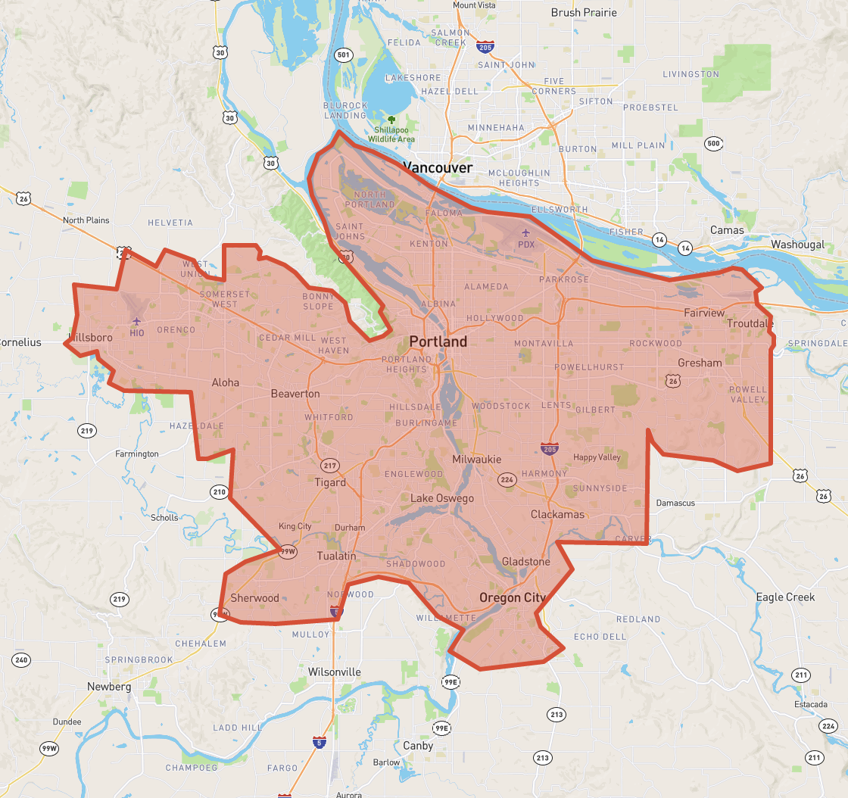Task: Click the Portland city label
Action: [x=438, y=341]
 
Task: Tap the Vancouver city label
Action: [x=438, y=167]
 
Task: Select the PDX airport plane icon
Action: [x=526, y=234]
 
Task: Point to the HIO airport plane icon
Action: [x=137, y=322]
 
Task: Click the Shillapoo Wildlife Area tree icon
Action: [x=391, y=120]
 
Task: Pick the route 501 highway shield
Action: [x=344, y=55]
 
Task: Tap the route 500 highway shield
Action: [x=712, y=143]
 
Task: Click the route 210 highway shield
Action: [x=220, y=493]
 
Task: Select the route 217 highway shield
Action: [x=329, y=465]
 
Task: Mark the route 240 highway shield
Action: [x=21, y=659]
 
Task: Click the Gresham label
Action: [x=700, y=363]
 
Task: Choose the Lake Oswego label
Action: [x=442, y=498]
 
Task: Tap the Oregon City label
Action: [x=512, y=597]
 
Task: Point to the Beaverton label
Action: [x=295, y=394]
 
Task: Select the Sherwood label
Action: [x=255, y=597]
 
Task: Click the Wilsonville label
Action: [x=335, y=672]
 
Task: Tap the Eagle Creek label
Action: [x=785, y=597]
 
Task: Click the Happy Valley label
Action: [x=597, y=457]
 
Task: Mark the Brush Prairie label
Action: [x=584, y=12]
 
